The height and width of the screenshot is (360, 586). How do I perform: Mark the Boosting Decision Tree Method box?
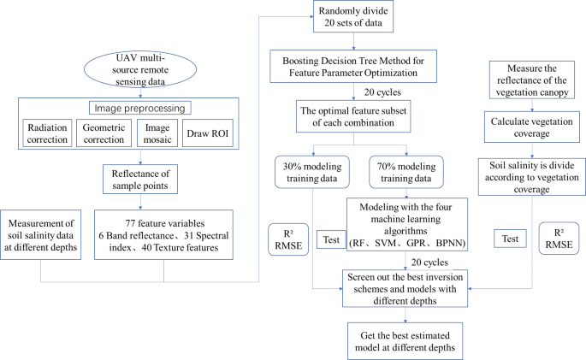tap(366, 62)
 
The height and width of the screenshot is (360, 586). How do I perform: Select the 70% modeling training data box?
tap(407, 168)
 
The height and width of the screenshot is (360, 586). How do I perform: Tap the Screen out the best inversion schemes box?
tap(407, 286)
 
